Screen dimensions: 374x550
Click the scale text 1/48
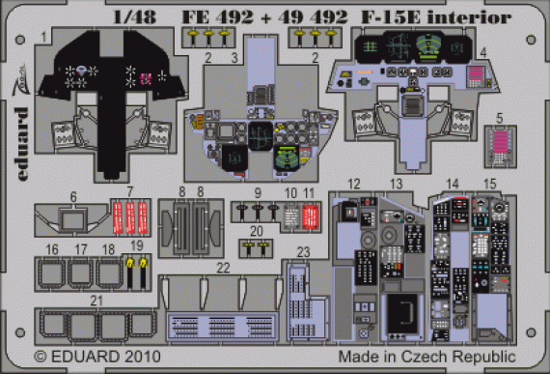[125, 16]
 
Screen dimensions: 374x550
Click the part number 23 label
[303, 250]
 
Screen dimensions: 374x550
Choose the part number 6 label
[73, 195]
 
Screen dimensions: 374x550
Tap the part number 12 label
[354, 184]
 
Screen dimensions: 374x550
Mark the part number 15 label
[489, 184]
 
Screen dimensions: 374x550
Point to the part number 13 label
[395, 184]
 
